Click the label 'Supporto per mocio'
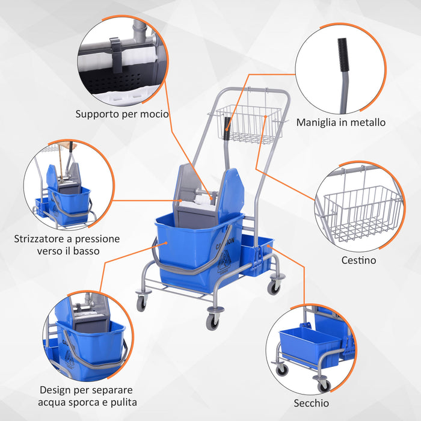(x=122, y=114)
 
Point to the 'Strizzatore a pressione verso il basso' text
(x=67, y=244)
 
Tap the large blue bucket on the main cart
(x=192, y=247)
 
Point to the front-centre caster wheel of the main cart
(x=212, y=322)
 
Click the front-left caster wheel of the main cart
(x=142, y=303)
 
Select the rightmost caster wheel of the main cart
(x=274, y=287)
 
